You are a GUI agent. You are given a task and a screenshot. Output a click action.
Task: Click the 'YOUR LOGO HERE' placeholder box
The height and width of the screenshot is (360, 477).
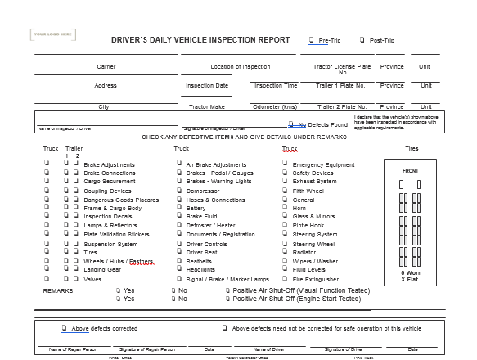coord(54,34)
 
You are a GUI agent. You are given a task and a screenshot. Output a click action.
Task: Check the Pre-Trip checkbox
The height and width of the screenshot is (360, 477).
coord(311,39)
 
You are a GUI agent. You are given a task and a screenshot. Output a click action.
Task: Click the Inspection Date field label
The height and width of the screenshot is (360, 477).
coord(207,85)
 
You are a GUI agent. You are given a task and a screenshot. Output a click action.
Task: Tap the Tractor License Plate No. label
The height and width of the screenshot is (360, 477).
coord(344,69)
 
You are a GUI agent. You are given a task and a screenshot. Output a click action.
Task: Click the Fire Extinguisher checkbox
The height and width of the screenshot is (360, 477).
coord(283,279)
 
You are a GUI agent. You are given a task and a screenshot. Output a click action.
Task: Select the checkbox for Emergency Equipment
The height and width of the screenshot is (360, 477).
coord(283,164)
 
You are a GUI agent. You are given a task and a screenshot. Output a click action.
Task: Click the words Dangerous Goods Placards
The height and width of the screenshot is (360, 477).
coord(121,200)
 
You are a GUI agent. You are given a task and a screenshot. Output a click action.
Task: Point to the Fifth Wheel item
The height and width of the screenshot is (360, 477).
coord(308,191)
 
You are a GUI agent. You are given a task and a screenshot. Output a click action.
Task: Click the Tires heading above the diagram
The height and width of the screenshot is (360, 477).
coord(412,148)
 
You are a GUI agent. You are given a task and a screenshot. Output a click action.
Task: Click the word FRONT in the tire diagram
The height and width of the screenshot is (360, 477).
coord(411,170)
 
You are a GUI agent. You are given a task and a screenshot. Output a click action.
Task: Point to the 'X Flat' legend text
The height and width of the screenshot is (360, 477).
coord(411,279)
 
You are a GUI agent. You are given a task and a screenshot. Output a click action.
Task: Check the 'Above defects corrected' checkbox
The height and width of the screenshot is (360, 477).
coord(64,328)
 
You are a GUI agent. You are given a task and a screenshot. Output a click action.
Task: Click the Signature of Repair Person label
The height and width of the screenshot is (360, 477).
coord(147,349)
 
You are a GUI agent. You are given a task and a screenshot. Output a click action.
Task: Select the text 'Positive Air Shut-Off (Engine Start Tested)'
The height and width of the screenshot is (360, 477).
coord(296,299)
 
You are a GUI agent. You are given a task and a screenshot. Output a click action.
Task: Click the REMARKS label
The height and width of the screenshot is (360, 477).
coord(58,290)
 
